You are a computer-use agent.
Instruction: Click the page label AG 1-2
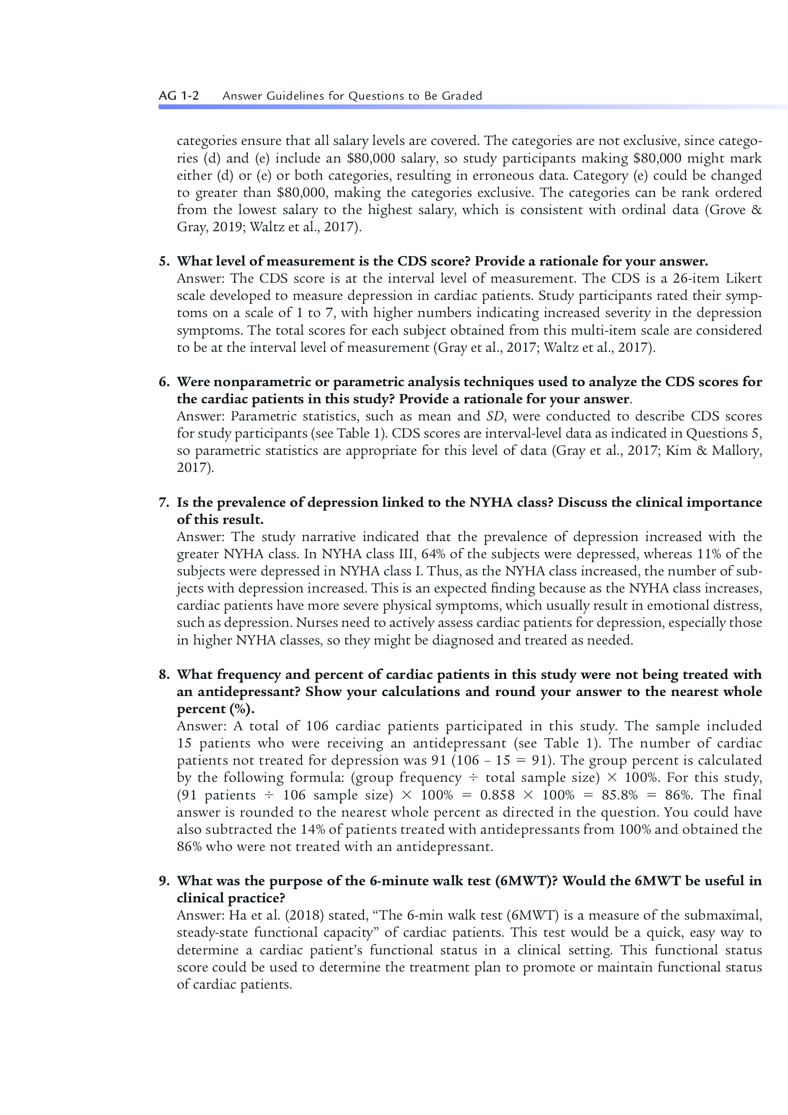[x=179, y=96]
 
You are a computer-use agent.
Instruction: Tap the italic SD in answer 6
[x=496, y=416]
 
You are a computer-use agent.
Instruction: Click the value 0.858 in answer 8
[x=497, y=796]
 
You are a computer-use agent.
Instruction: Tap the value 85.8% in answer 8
[x=619, y=796]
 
